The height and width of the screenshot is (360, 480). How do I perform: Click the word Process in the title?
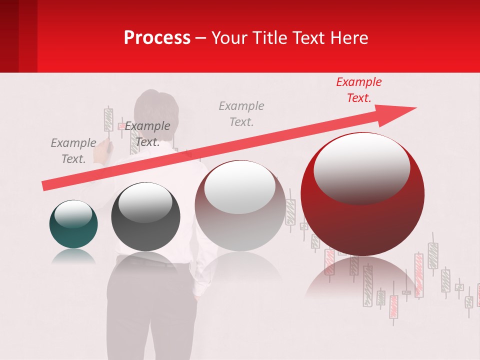point(157,38)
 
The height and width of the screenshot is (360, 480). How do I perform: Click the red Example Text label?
point(358,90)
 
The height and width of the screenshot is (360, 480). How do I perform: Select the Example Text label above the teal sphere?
point(73,151)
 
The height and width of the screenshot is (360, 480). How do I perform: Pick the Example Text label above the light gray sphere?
point(241,113)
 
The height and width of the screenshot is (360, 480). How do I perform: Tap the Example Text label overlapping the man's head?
point(147,134)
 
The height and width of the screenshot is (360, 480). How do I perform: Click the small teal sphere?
point(73,224)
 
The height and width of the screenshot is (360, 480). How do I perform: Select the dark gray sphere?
point(145,217)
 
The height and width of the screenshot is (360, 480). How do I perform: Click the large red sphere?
point(362,200)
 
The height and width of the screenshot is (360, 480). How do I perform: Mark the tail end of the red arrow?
point(45,186)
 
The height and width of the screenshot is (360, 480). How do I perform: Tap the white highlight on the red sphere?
point(361,167)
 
